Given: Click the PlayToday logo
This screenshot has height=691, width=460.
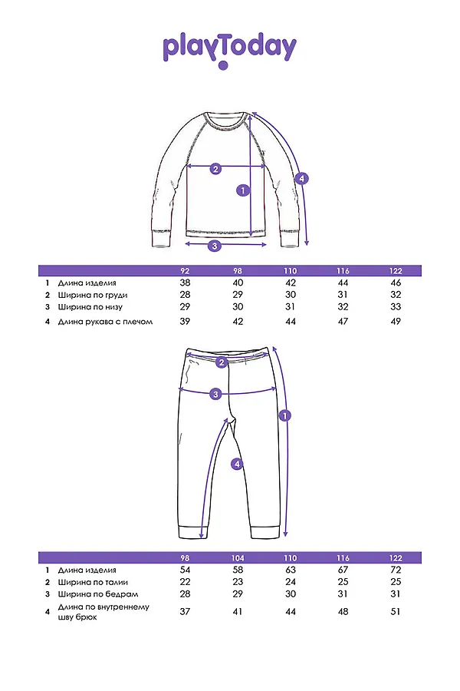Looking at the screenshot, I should (x=229, y=49).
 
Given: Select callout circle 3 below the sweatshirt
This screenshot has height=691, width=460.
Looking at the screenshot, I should (x=215, y=246).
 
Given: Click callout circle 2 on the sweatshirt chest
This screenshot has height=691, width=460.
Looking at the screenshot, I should (x=215, y=169).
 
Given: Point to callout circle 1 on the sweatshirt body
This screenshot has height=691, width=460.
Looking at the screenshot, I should (x=243, y=190).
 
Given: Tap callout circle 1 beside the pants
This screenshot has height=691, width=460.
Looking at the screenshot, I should (x=285, y=415).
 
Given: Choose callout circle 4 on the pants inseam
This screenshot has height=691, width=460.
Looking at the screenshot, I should (x=237, y=463).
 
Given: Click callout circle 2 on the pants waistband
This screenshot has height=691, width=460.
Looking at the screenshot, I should (x=222, y=362).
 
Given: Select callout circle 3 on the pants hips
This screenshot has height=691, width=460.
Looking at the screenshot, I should (x=216, y=394).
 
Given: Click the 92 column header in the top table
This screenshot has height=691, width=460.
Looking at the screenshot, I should (x=185, y=271).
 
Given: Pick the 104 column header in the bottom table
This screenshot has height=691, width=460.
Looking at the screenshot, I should (x=237, y=557).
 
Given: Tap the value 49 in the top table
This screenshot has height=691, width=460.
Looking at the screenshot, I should (x=396, y=321).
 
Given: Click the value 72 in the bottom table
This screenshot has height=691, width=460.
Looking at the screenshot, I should (x=396, y=570).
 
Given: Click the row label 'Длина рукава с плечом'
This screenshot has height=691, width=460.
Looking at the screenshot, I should (x=105, y=321).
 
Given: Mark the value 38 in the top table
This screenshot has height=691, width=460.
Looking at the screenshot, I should (x=185, y=283).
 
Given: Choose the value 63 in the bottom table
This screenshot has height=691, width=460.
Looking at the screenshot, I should (x=290, y=570).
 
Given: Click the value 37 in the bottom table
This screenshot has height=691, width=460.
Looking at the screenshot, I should (x=185, y=611).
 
